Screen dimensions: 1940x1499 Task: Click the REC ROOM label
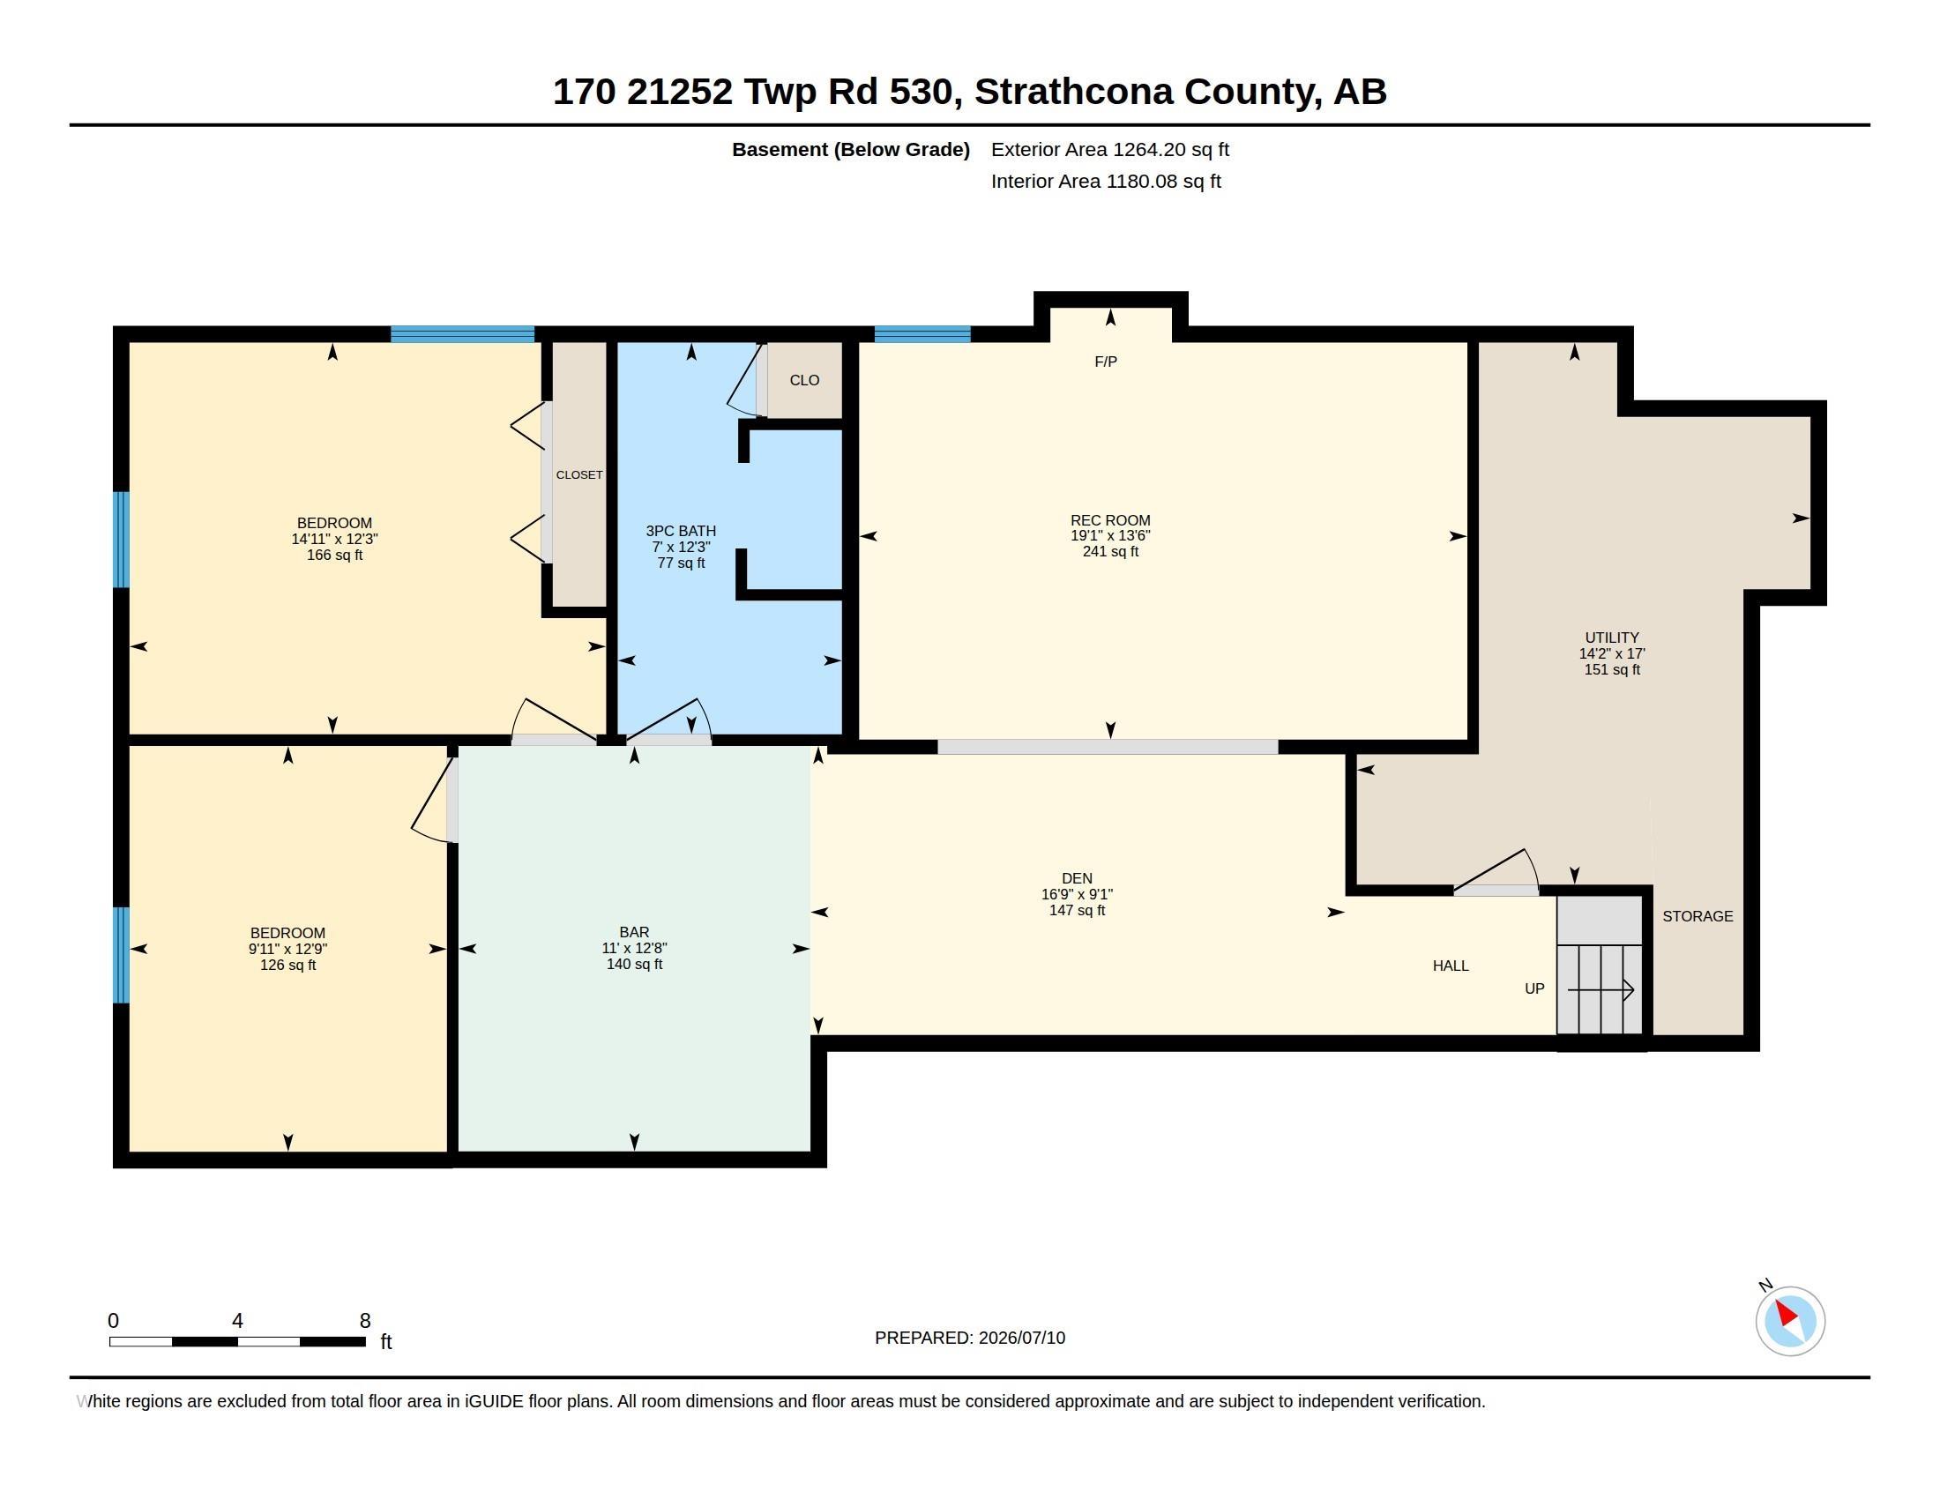(x=1109, y=520)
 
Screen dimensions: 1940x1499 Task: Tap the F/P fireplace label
(x=1106, y=362)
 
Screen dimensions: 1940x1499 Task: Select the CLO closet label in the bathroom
(x=804, y=380)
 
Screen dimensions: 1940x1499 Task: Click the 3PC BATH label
(x=681, y=531)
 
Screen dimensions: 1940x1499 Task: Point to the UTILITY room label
(x=1611, y=638)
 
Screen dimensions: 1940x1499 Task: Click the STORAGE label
(x=1697, y=916)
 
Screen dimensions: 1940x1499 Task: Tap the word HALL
(x=1451, y=966)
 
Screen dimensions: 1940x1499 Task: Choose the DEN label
(x=1077, y=878)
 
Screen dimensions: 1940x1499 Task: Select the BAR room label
(x=634, y=932)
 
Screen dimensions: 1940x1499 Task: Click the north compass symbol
(x=1789, y=1320)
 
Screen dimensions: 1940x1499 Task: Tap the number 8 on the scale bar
(x=365, y=1321)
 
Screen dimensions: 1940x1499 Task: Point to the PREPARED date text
(x=970, y=1338)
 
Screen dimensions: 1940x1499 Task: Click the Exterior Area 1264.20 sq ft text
(x=1109, y=149)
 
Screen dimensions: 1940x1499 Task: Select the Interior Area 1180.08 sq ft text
(x=1106, y=181)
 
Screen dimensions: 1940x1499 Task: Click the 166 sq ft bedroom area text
(x=334, y=555)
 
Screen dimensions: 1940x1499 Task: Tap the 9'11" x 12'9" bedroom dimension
(x=287, y=949)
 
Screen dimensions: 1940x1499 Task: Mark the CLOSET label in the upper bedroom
(x=579, y=475)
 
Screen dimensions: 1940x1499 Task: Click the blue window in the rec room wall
(x=922, y=334)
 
